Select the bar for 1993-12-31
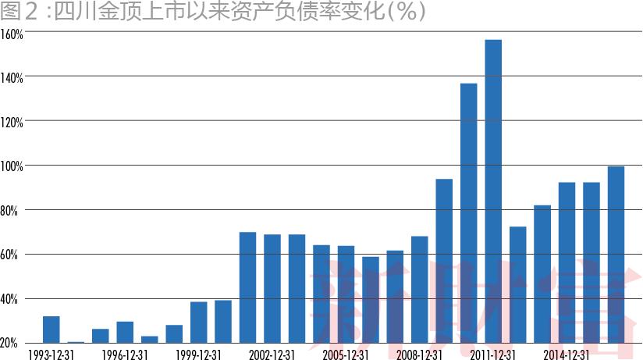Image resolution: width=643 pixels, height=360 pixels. [x=52, y=329]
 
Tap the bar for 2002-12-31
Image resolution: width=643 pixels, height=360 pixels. [x=272, y=288]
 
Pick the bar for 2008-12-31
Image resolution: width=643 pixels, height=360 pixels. [x=420, y=289]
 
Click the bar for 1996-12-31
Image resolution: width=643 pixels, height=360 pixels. [x=125, y=332]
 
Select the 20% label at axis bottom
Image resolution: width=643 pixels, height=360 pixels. [x=10, y=344]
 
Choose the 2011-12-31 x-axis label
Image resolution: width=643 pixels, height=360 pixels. [x=492, y=354]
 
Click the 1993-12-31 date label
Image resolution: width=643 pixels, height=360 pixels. [x=51, y=354]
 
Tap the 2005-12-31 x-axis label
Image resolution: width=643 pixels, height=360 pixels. [x=345, y=354]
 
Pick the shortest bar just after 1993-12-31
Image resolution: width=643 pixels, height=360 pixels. [x=76, y=342]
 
